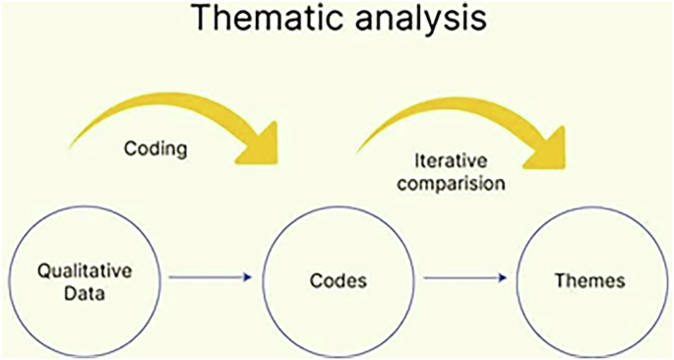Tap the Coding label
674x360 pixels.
coord(155,150)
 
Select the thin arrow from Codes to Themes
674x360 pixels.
coord(465,279)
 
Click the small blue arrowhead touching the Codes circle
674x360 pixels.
coord(253,279)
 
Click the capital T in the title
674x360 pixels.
coord(201,19)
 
